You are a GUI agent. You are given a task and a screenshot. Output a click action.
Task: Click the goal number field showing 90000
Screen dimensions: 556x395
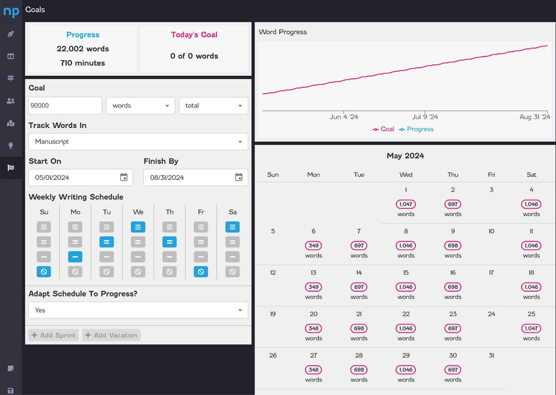(65, 106)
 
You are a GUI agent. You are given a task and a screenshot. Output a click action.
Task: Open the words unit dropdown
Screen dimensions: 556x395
(140, 106)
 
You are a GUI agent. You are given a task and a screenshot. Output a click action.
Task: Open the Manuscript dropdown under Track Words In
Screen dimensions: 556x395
(138, 142)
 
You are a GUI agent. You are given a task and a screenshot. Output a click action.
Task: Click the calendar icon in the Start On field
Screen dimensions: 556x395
(124, 177)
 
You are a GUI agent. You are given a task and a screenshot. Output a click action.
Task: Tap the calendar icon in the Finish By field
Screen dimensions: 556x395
(239, 177)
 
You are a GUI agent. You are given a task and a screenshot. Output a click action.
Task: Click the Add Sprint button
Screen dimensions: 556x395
(54, 335)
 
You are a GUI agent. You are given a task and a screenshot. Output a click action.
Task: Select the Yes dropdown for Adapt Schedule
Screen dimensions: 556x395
(138, 310)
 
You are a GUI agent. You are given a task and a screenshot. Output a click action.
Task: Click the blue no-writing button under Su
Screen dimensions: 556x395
(44, 272)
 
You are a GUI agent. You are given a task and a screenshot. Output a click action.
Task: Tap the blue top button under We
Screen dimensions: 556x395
(138, 227)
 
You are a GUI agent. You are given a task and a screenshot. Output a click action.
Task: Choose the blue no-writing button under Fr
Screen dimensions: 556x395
(201, 272)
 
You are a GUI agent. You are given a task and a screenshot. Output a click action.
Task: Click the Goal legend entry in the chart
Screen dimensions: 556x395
(383, 129)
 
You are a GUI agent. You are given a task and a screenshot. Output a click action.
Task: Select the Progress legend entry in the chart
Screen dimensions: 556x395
(416, 129)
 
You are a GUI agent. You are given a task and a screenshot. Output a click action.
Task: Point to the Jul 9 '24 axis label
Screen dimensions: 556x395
(425, 117)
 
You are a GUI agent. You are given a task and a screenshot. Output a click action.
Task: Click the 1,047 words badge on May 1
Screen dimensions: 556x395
(406, 204)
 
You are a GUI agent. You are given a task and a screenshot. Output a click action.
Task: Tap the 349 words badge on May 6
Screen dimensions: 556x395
(313, 245)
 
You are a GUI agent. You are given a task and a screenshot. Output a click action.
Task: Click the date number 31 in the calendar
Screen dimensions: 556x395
(491, 355)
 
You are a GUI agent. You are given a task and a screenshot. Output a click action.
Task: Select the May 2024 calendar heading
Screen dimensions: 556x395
(405, 156)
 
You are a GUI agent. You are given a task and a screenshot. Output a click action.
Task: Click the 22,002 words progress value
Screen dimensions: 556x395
(83, 49)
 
